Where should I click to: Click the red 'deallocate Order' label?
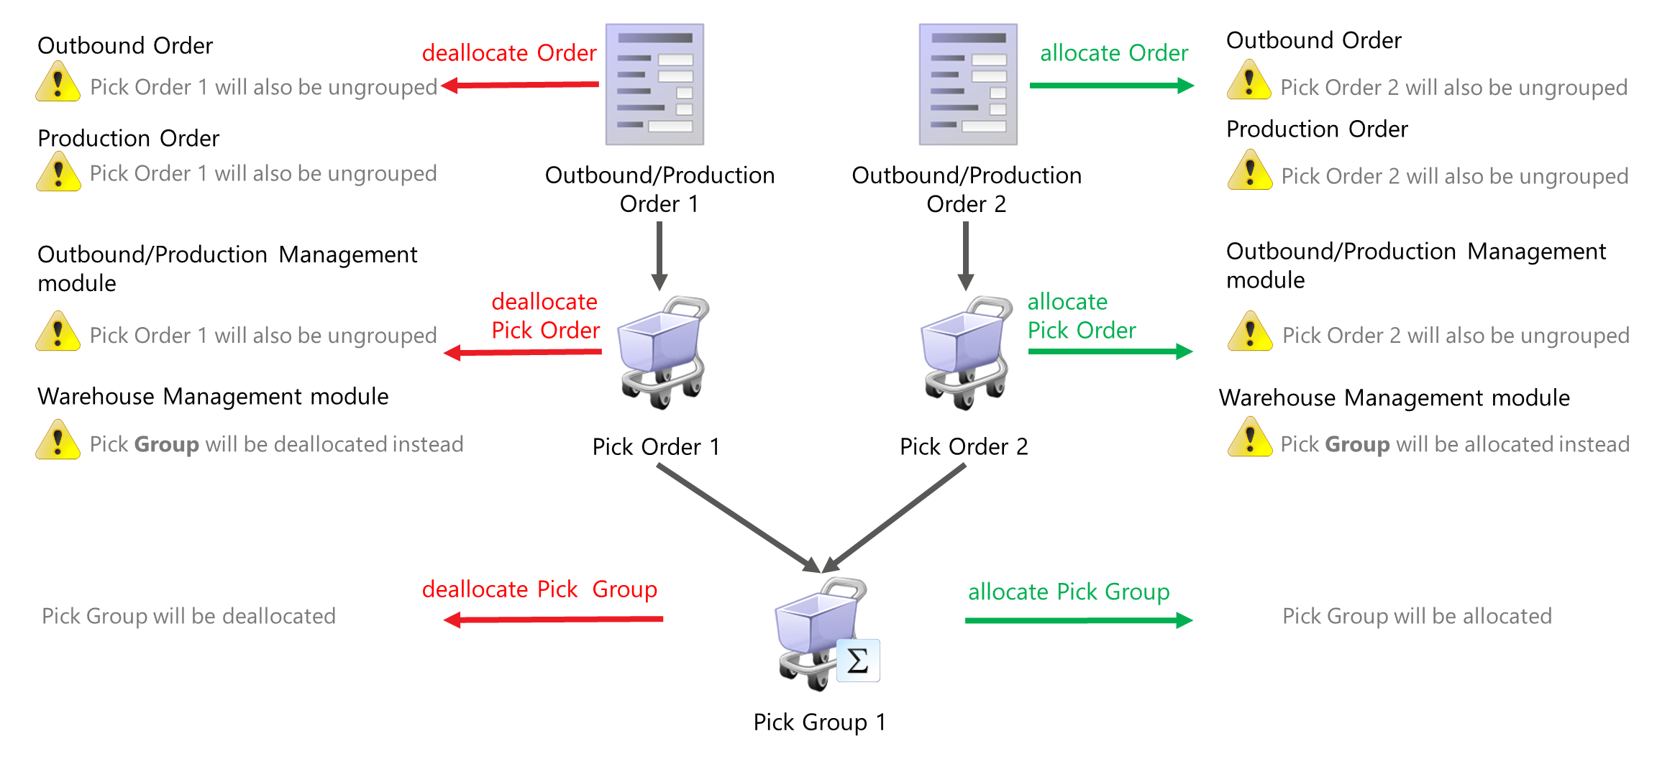pos(509,53)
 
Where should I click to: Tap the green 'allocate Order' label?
pos(1113,53)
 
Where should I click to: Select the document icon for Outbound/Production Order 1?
pos(654,85)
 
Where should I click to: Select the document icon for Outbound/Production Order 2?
pos(968,85)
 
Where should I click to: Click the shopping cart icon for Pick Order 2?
pos(967,352)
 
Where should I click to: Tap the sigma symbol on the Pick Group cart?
pos(858,661)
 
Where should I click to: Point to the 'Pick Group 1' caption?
pos(819,722)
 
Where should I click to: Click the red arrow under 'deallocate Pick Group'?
pos(554,620)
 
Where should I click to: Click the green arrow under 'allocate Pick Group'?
pos(1079,620)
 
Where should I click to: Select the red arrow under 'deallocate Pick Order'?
pos(524,352)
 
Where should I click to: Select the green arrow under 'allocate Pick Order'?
pos(1110,351)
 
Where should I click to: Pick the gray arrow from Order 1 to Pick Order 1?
pos(659,255)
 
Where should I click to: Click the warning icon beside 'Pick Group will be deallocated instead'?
pos(58,440)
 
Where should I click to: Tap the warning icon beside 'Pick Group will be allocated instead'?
pos(1250,437)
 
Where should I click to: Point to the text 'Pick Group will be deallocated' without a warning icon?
pos(188,616)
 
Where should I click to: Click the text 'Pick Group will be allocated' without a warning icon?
pos(1417,616)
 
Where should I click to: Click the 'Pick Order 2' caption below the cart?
pos(964,446)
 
